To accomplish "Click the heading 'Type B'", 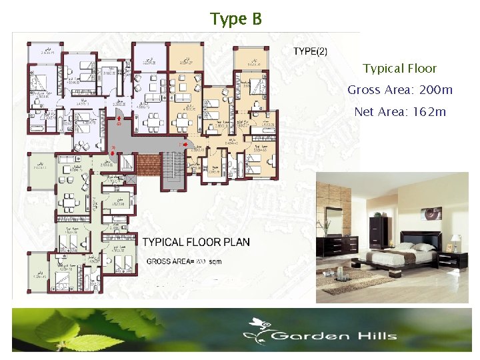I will pyautogui.click(x=236, y=19).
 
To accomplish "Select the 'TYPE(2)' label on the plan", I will pyautogui.click(x=310, y=51).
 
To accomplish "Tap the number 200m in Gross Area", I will pyautogui.click(x=437, y=90).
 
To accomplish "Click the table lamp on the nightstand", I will pyautogui.click(x=456, y=241).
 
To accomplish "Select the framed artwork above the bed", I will pyautogui.click(x=434, y=213).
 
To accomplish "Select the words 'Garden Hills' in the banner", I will pyautogui.click(x=334, y=336).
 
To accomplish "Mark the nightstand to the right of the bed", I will pyautogui.click(x=457, y=259).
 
